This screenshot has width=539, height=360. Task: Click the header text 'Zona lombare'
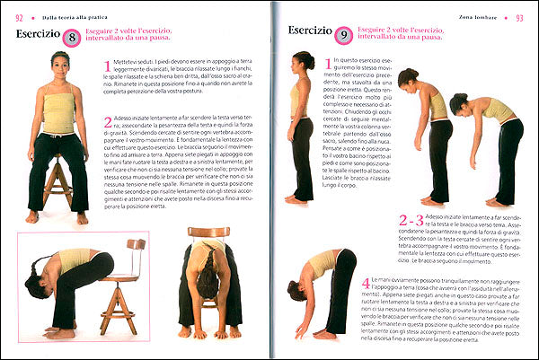[x=477, y=8]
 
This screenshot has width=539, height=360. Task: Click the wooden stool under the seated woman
[x=58, y=184]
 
